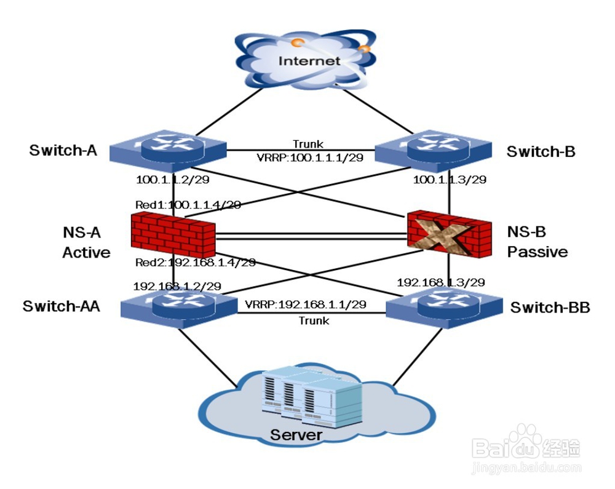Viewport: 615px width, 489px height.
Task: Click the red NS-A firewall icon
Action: click(173, 235)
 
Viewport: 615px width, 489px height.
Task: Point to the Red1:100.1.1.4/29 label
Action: click(188, 204)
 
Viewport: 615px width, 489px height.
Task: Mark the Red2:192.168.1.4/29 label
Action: click(195, 263)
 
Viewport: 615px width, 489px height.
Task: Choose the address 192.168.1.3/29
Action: click(441, 282)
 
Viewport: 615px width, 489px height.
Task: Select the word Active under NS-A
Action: click(87, 252)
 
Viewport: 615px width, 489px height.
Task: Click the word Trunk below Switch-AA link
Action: click(314, 320)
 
